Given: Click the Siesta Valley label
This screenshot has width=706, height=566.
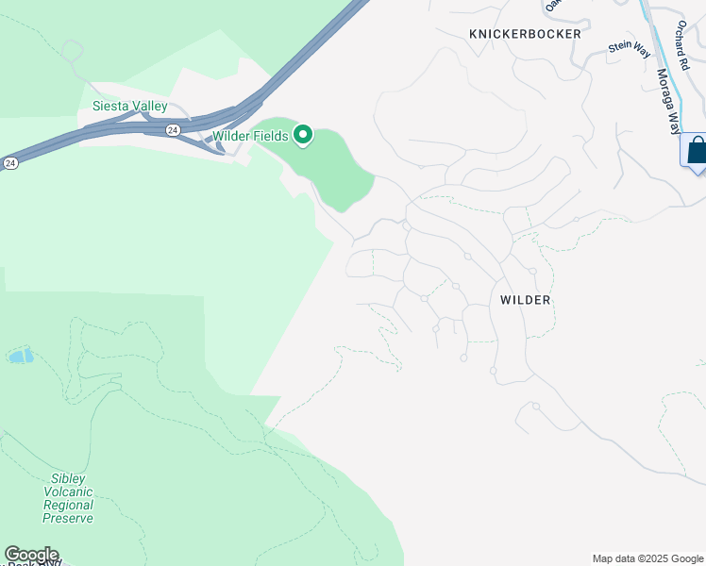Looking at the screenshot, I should (x=129, y=107).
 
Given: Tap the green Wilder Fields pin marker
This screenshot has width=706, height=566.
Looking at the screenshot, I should (x=303, y=136).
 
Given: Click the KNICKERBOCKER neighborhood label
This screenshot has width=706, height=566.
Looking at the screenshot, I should (x=522, y=34).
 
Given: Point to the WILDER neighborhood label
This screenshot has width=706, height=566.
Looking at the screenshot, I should (x=525, y=300).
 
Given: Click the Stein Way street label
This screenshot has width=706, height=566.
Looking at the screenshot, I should (x=630, y=47).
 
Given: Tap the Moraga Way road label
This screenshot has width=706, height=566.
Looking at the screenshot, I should (x=667, y=94).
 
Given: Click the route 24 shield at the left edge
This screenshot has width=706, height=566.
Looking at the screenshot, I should (x=9, y=162).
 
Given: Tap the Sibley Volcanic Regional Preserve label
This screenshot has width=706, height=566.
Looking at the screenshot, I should (x=68, y=498).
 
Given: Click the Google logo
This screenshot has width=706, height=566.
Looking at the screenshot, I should (x=31, y=555).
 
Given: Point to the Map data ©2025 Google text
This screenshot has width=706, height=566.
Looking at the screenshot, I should (x=647, y=558).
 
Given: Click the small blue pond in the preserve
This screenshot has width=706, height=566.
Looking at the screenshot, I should (x=20, y=356).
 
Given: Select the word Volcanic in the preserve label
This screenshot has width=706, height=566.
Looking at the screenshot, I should (x=68, y=491).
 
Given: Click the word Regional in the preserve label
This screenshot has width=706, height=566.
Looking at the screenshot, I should (x=68, y=505).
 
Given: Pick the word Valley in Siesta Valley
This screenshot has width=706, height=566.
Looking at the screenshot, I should (x=149, y=107).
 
